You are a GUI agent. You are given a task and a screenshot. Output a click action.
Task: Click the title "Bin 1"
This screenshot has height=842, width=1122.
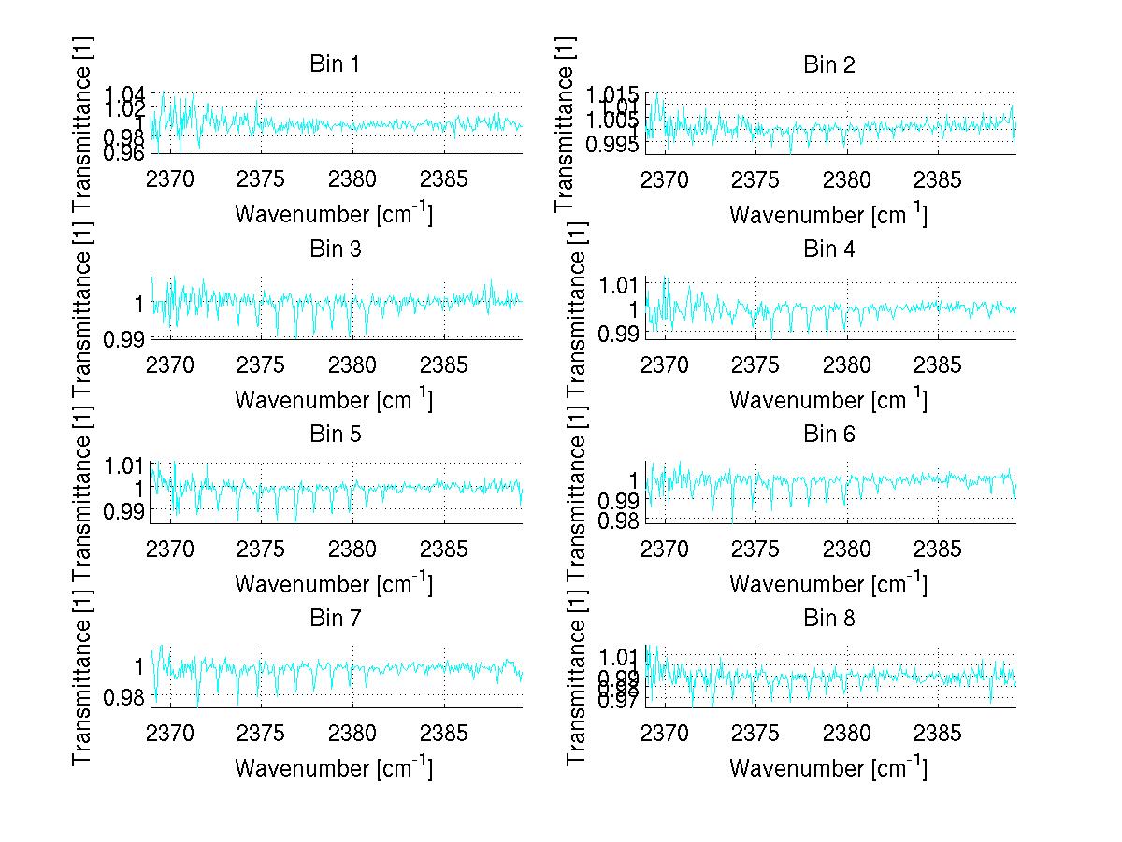click(x=335, y=64)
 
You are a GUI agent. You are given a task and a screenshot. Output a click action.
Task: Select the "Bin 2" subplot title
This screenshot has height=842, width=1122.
click(x=829, y=64)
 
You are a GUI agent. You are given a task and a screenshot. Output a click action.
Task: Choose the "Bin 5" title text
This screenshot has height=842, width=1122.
click(x=335, y=434)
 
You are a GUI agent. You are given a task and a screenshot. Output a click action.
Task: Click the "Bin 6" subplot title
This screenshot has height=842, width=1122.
click(x=829, y=434)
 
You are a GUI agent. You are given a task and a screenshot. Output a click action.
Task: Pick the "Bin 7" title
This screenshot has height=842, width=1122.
click(x=335, y=618)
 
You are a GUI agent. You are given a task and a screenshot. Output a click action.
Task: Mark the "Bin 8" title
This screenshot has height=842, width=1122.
click(x=829, y=618)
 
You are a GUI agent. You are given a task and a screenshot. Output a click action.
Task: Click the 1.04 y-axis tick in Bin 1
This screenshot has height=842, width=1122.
click(x=125, y=93)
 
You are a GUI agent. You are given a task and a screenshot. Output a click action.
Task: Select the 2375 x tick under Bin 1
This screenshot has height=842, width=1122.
click(x=261, y=180)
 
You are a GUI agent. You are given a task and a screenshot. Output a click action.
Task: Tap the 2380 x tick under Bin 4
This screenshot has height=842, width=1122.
click(x=848, y=364)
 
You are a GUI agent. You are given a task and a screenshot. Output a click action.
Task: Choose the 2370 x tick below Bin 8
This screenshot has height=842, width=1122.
click(x=665, y=734)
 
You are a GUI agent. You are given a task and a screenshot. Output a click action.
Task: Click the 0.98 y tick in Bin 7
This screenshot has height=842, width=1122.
click(x=125, y=696)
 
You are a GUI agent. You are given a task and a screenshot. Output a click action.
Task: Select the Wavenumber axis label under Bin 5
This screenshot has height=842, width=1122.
click(x=333, y=583)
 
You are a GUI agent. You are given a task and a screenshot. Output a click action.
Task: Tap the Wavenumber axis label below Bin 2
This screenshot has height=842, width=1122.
click(x=827, y=214)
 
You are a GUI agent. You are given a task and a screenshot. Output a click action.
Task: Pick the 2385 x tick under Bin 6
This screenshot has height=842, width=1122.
click(x=938, y=549)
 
